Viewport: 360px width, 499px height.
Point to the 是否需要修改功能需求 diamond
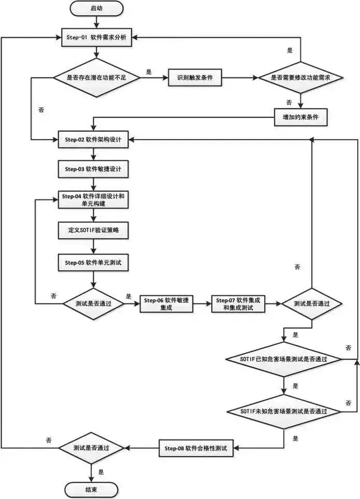coord(301,78)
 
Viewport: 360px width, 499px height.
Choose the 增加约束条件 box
coord(301,117)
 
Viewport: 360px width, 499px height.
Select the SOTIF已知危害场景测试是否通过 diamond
coord(284,359)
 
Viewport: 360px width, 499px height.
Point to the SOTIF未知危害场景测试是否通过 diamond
coord(284,411)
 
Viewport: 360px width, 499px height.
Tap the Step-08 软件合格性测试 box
coord(197,447)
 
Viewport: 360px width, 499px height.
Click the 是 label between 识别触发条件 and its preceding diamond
coord(149,72)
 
